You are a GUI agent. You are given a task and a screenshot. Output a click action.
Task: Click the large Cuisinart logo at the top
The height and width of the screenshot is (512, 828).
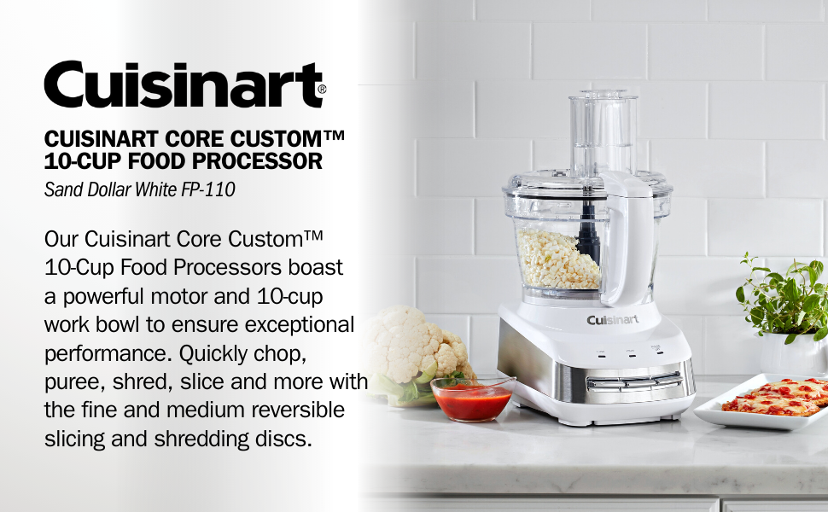183,84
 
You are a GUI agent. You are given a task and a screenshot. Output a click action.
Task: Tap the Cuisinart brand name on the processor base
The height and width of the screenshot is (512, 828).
612,320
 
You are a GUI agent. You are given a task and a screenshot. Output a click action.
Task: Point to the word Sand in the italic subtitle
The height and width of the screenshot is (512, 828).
62,189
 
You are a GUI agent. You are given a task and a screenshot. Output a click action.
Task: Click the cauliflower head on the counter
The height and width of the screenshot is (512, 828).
418,350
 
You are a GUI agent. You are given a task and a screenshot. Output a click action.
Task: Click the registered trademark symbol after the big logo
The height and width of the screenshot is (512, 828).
321,89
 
